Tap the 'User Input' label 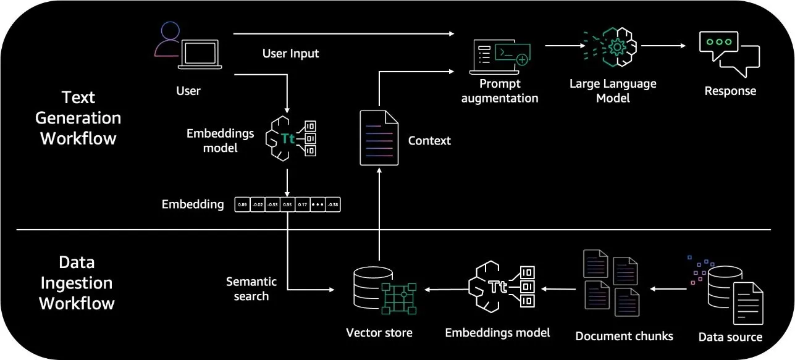coord(290,54)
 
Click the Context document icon coord(379,138)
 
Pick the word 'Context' coord(429,141)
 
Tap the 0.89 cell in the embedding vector coord(242,204)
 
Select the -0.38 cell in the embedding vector coord(333,204)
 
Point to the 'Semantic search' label coord(251,289)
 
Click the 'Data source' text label coord(730,337)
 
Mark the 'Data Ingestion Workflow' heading coord(77,283)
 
